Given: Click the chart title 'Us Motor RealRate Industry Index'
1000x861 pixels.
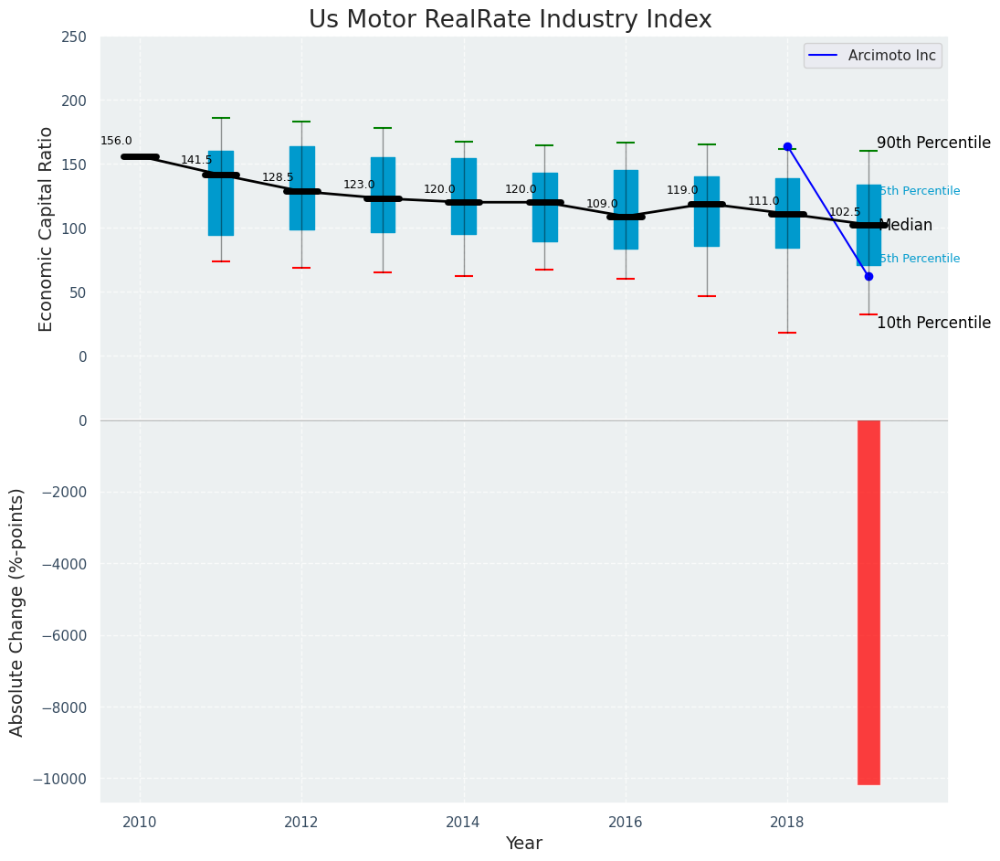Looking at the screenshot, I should click(510, 20).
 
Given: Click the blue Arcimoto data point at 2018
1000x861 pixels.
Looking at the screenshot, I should click(787, 146).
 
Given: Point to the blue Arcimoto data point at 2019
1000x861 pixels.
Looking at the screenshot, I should click(868, 276).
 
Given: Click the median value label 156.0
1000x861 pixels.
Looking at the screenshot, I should click(116, 141).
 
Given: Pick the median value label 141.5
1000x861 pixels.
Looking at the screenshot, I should click(196, 160).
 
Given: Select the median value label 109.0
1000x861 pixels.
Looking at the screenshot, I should click(602, 204).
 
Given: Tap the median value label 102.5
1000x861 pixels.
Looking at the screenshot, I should click(845, 212).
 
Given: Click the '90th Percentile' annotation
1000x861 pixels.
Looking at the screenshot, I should click(933, 143).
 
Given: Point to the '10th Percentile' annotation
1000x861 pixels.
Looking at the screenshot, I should click(933, 323).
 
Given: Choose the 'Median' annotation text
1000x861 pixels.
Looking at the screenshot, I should click(905, 225).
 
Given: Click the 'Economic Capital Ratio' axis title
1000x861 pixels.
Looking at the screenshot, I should click(47, 229).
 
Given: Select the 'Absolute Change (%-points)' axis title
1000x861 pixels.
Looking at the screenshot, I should click(17, 611).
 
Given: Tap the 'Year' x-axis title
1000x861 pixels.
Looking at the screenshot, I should click(524, 844).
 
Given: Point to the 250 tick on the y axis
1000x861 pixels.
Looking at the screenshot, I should click(74, 37).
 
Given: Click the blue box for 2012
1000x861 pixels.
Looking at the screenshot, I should click(301, 187).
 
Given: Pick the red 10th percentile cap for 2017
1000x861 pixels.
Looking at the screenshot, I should click(706, 296).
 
